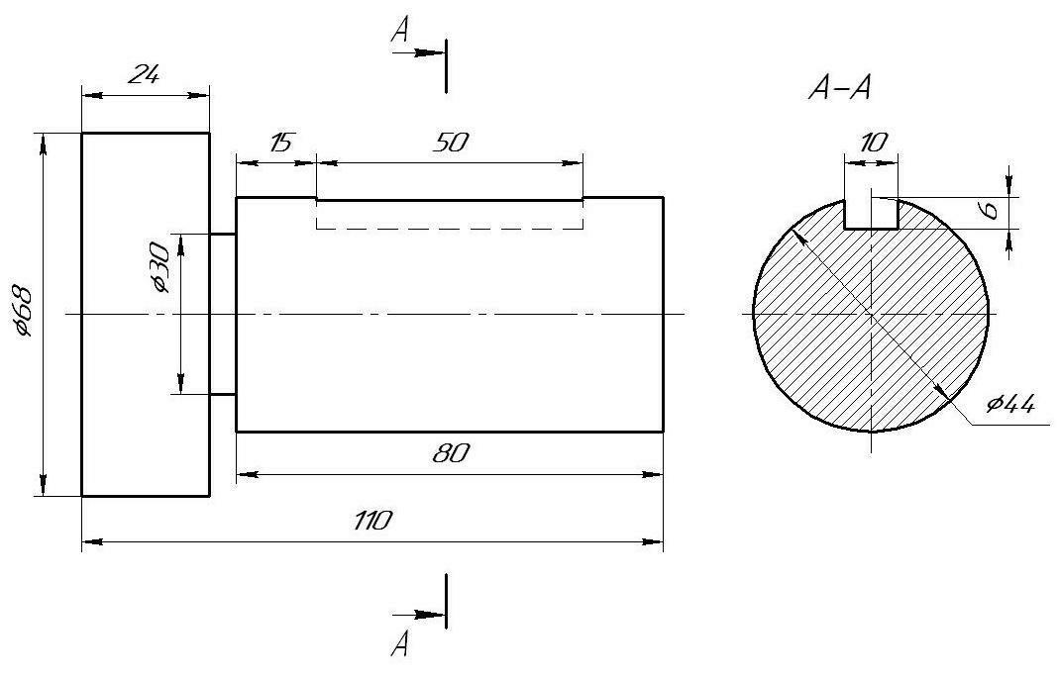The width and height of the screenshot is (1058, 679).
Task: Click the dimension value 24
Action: [x=145, y=74]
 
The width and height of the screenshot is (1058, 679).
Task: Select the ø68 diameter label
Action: [x=22, y=311]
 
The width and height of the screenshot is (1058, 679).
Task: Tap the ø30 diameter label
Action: [x=160, y=267]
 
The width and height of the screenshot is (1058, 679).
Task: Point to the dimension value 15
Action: [x=280, y=143]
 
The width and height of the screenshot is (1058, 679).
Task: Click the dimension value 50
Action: [x=451, y=143]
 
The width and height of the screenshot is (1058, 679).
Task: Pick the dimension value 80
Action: [x=451, y=453]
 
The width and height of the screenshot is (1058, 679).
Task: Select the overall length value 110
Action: [x=372, y=521]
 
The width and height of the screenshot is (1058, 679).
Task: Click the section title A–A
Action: [x=840, y=88]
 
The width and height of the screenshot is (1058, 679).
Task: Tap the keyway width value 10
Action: [x=874, y=143]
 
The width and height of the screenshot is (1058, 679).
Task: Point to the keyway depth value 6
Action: [x=991, y=210]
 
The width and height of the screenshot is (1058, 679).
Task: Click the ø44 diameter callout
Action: [x=1009, y=405]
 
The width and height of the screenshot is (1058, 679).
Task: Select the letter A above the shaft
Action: [x=400, y=30]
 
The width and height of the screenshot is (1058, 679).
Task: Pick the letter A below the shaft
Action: [x=399, y=644]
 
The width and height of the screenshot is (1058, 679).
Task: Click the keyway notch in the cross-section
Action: [x=871, y=214]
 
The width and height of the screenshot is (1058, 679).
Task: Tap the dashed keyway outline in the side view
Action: [x=450, y=229]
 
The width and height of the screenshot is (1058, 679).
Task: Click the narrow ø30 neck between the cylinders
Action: [x=223, y=314]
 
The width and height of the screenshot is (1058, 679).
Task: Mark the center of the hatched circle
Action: [x=871, y=314]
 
